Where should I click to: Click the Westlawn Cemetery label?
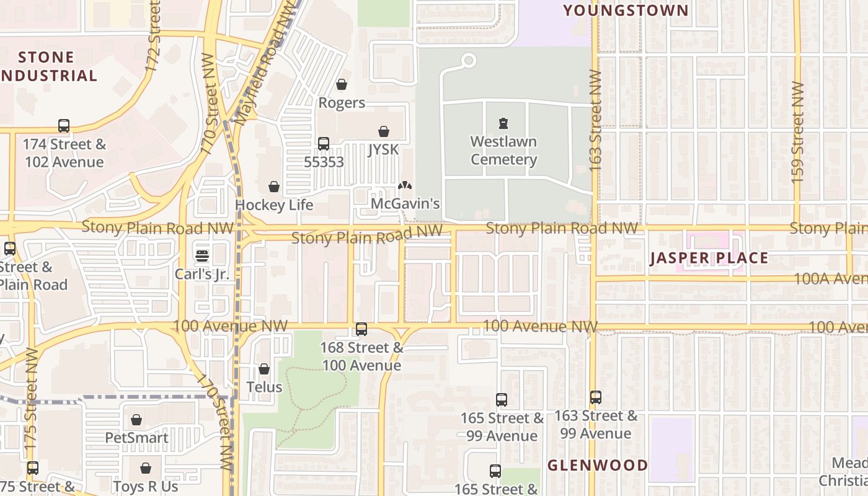point(503,151)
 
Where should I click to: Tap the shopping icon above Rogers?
point(342,84)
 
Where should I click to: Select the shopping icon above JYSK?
point(384,131)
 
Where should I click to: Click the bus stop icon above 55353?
point(324,144)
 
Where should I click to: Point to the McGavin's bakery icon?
point(405,185)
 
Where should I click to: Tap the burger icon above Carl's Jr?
point(202,255)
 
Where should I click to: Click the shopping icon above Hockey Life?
point(274,187)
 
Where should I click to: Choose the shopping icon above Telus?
point(264,369)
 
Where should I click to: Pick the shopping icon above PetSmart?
point(136,420)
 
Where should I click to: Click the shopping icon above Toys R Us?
point(146,468)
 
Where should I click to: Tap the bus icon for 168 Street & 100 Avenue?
point(361,330)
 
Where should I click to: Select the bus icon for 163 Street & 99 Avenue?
point(596,397)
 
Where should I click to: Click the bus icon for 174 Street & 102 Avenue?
point(64,126)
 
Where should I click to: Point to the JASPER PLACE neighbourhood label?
point(709,259)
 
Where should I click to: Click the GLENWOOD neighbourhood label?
point(598,465)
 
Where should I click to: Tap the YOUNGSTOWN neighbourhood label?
point(626,11)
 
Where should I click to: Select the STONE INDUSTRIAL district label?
point(47,67)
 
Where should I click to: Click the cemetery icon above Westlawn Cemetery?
point(503,124)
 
